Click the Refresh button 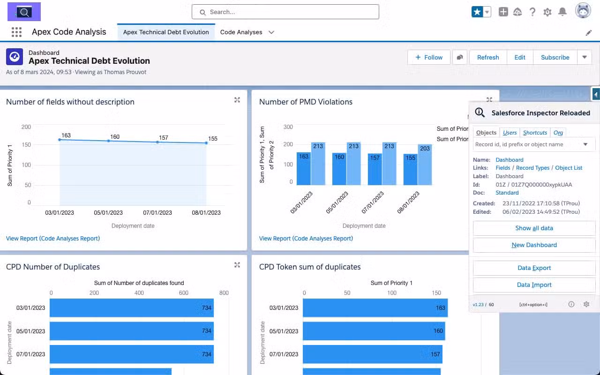488,57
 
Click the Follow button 428,57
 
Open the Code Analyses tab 241,32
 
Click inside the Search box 285,12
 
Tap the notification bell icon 562,12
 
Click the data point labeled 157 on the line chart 157,142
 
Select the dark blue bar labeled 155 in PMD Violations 410,169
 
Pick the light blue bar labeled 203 425,164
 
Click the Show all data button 534,228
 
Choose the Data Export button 534,268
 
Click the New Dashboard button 534,245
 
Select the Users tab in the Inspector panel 510,133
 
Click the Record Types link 532,168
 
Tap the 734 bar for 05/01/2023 131,331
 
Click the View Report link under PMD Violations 306,238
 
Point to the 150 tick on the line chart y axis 26,145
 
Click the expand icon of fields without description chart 237,100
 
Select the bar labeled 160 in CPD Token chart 374,331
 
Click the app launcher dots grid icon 16,32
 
